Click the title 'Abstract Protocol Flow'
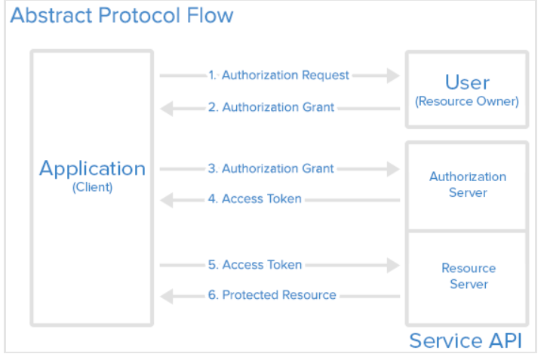pyautogui.click(x=121, y=15)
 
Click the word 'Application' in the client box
pyautogui.click(x=92, y=168)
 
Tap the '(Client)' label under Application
pyautogui.click(x=92, y=188)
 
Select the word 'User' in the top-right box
pyautogui.click(x=467, y=82)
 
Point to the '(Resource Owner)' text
pyautogui.click(x=467, y=101)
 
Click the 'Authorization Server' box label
pyautogui.click(x=468, y=185)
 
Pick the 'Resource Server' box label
pyautogui.click(x=468, y=276)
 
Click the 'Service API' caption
pyautogui.click(x=466, y=340)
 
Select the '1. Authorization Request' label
pyautogui.click(x=278, y=75)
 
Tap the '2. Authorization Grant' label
pyautogui.click(x=271, y=107)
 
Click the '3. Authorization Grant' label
pyautogui.click(x=271, y=168)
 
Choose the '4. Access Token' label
pyautogui.click(x=254, y=199)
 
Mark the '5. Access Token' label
pyautogui.click(x=254, y=265)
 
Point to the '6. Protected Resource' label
pyautogui.click(x=272, y=295)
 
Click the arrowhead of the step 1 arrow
pyautogui.click(x=392, y=75)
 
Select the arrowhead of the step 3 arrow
pyautogui.click(x=392, y=169)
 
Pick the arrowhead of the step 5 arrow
pyautogui.click(x=392, y=265)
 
